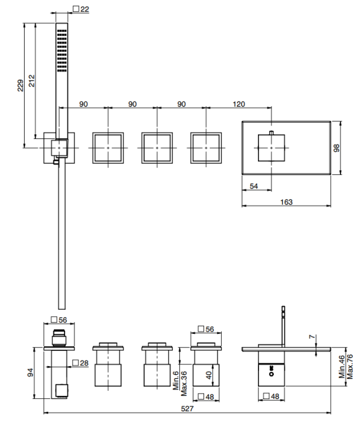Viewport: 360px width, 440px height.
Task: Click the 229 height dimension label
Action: coord(21,86)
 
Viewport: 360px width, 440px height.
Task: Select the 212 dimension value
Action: coord(32,80)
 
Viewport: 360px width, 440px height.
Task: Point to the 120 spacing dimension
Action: coord(239,104)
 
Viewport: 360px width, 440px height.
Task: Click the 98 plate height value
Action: coord(336,148)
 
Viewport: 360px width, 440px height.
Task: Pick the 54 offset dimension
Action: coord(254,186)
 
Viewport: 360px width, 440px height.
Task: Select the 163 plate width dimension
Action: coord(286,202)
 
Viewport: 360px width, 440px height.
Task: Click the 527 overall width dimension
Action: coord(187,408)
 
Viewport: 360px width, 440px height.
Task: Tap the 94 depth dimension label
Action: coord(30,373)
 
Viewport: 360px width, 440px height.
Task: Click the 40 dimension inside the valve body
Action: coord(209,375)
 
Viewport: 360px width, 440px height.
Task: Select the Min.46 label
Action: coord(341,367)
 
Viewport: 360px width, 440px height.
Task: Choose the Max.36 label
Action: coord(184,384)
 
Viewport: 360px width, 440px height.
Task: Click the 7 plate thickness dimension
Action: coord(312,337)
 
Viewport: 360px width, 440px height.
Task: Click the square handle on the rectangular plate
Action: coord(271,148)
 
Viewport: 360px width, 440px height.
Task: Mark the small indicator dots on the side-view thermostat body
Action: coord(271,370)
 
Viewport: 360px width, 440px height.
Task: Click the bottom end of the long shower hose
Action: coord(62,309)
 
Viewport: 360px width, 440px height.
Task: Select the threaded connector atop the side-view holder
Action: coord(59,338)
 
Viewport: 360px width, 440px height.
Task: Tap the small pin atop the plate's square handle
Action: coord(271,133)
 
